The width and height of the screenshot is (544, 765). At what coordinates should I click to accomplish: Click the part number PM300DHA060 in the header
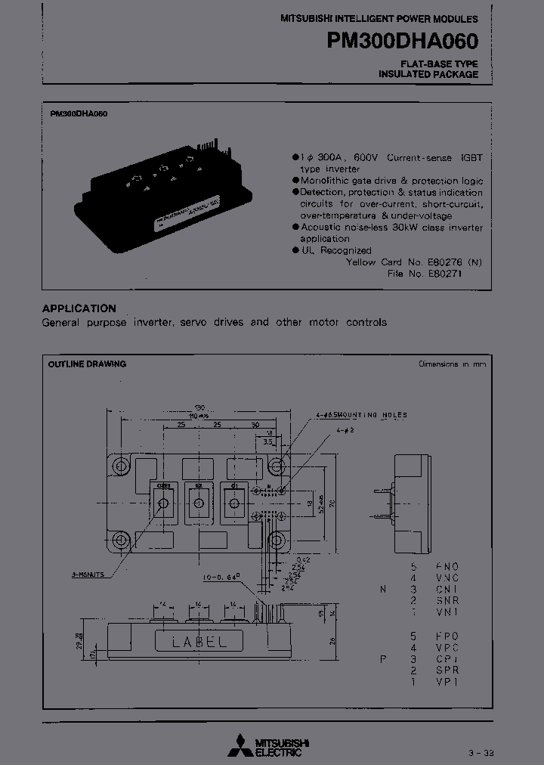[402, 40]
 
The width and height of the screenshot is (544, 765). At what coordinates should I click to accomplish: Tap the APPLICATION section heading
[79, 308]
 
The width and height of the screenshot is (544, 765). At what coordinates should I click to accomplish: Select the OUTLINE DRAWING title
[87, 364]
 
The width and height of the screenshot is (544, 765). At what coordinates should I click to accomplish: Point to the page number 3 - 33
[483, 753]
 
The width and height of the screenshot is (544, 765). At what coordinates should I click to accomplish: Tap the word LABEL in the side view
[200, 642]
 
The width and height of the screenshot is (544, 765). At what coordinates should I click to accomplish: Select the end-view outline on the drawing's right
[412, 500]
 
